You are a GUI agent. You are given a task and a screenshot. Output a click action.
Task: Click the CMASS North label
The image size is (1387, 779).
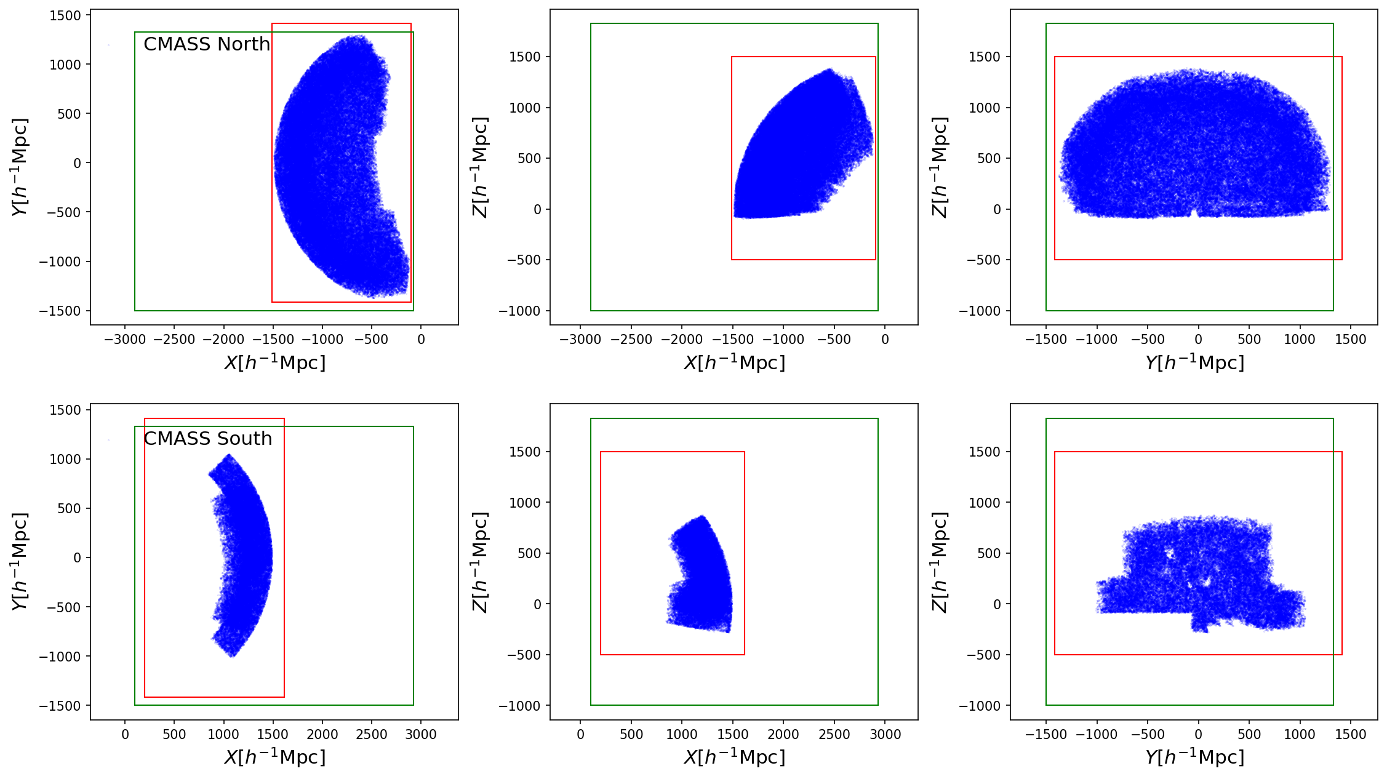click(x=207, y=44)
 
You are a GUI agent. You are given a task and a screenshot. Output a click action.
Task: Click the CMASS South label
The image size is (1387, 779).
click(x=207, y=439)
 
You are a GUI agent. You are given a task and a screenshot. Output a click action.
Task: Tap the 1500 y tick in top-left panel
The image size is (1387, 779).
click(x=65, y=15)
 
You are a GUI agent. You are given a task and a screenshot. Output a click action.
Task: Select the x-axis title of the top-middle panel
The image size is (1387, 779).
click(x=734, y=362)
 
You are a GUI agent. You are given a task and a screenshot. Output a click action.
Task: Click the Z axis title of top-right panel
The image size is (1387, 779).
click(x=940, y=167)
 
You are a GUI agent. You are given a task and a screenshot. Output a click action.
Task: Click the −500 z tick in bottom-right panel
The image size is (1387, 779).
click(x=983, y=655)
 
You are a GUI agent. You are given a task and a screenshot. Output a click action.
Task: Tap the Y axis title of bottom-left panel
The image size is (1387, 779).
click(x=20, y=561)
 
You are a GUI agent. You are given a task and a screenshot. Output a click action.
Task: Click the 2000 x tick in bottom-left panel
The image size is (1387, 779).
click(x=322, y=734)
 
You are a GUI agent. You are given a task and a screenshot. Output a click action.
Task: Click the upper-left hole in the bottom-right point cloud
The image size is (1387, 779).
click(x=1169, y=554)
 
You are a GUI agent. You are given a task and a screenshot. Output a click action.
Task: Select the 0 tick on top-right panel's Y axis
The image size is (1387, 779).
click(x=1197, y=339)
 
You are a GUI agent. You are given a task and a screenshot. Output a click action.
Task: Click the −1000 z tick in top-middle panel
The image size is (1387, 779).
click(x=524, y=311)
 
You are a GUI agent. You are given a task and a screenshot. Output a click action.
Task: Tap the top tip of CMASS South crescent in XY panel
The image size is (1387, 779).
click(x=229, y=456)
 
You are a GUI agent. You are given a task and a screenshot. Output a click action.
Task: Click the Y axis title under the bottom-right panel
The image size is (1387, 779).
click(x=1194, y=757)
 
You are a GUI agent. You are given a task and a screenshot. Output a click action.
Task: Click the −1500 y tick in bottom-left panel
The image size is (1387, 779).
click(x=60, y=706)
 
